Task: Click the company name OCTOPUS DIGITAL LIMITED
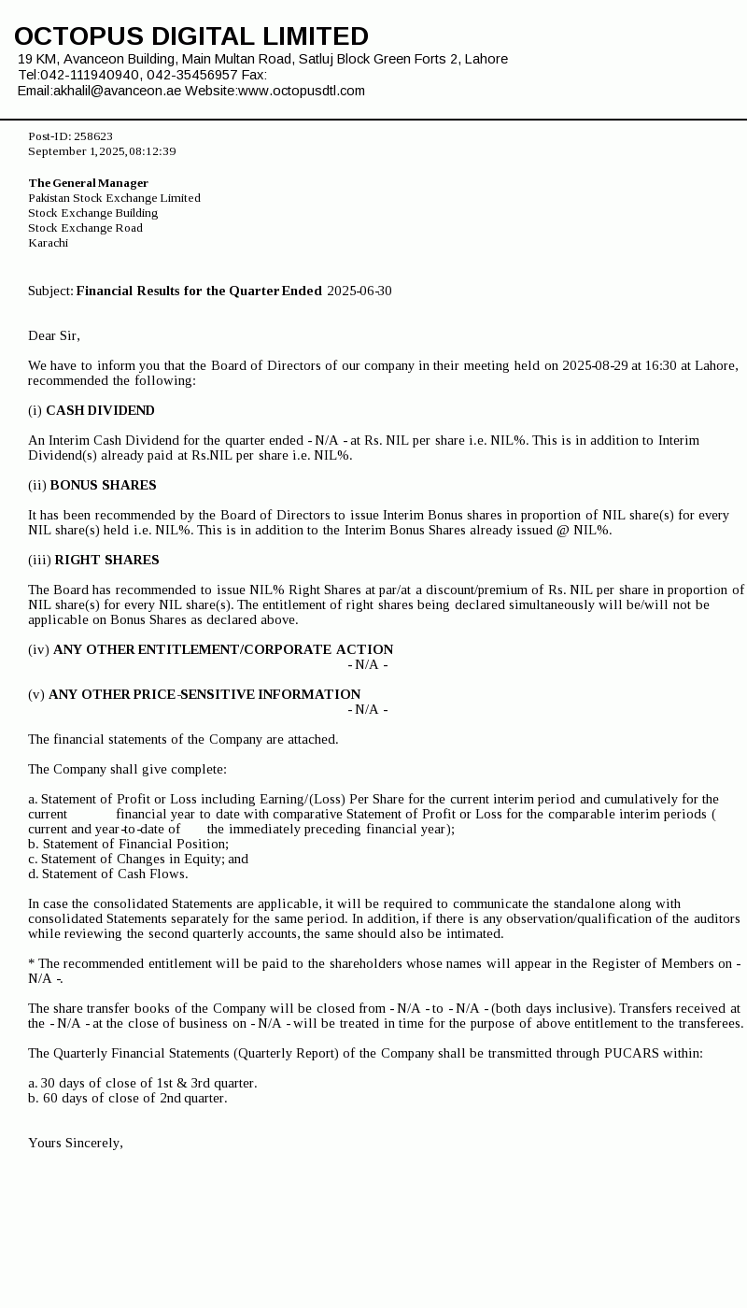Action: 191,36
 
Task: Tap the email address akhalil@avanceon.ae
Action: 117,91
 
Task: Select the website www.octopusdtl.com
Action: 302,91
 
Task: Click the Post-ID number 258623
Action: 93,136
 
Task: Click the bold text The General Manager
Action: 88,183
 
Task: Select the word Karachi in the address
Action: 48,243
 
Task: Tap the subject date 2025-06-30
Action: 359,291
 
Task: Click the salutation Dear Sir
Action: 53,335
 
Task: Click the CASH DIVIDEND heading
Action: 100,410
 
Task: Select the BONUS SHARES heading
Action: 103,485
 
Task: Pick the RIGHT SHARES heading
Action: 106,560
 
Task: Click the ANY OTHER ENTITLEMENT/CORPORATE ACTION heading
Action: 223,649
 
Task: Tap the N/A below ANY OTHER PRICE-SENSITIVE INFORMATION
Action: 367,709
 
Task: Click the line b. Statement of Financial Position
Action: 128,844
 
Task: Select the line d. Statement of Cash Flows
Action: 107,874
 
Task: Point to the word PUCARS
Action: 632,1053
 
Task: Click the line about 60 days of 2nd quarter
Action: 127,1098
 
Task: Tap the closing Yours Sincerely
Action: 75,1143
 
